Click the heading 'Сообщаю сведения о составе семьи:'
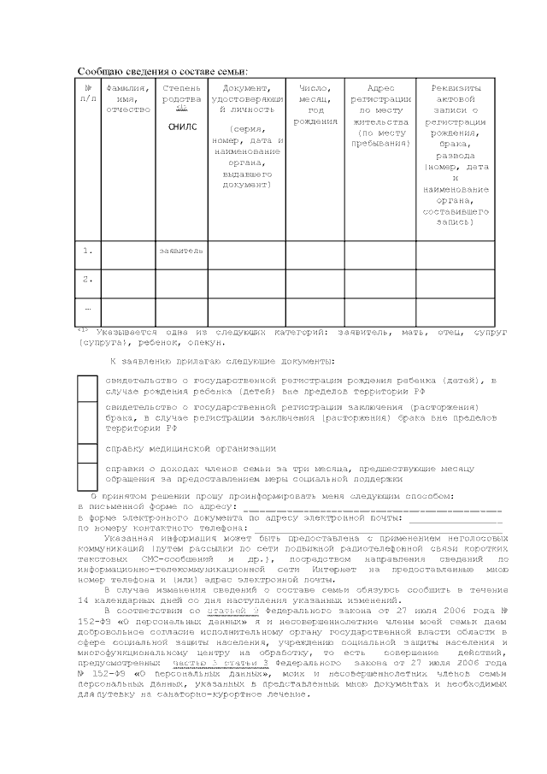click(x=162, y=71)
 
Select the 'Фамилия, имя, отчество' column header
click(x=127, y=98)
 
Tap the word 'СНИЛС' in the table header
click(x=181, y=127)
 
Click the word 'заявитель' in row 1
click(x=181, y=251)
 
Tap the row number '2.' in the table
click(x=88, y=279)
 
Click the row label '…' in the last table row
click(x=88, y=308)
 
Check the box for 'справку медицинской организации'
click(x=87, y=449)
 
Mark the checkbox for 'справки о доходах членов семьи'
click(x=87, y=475)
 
